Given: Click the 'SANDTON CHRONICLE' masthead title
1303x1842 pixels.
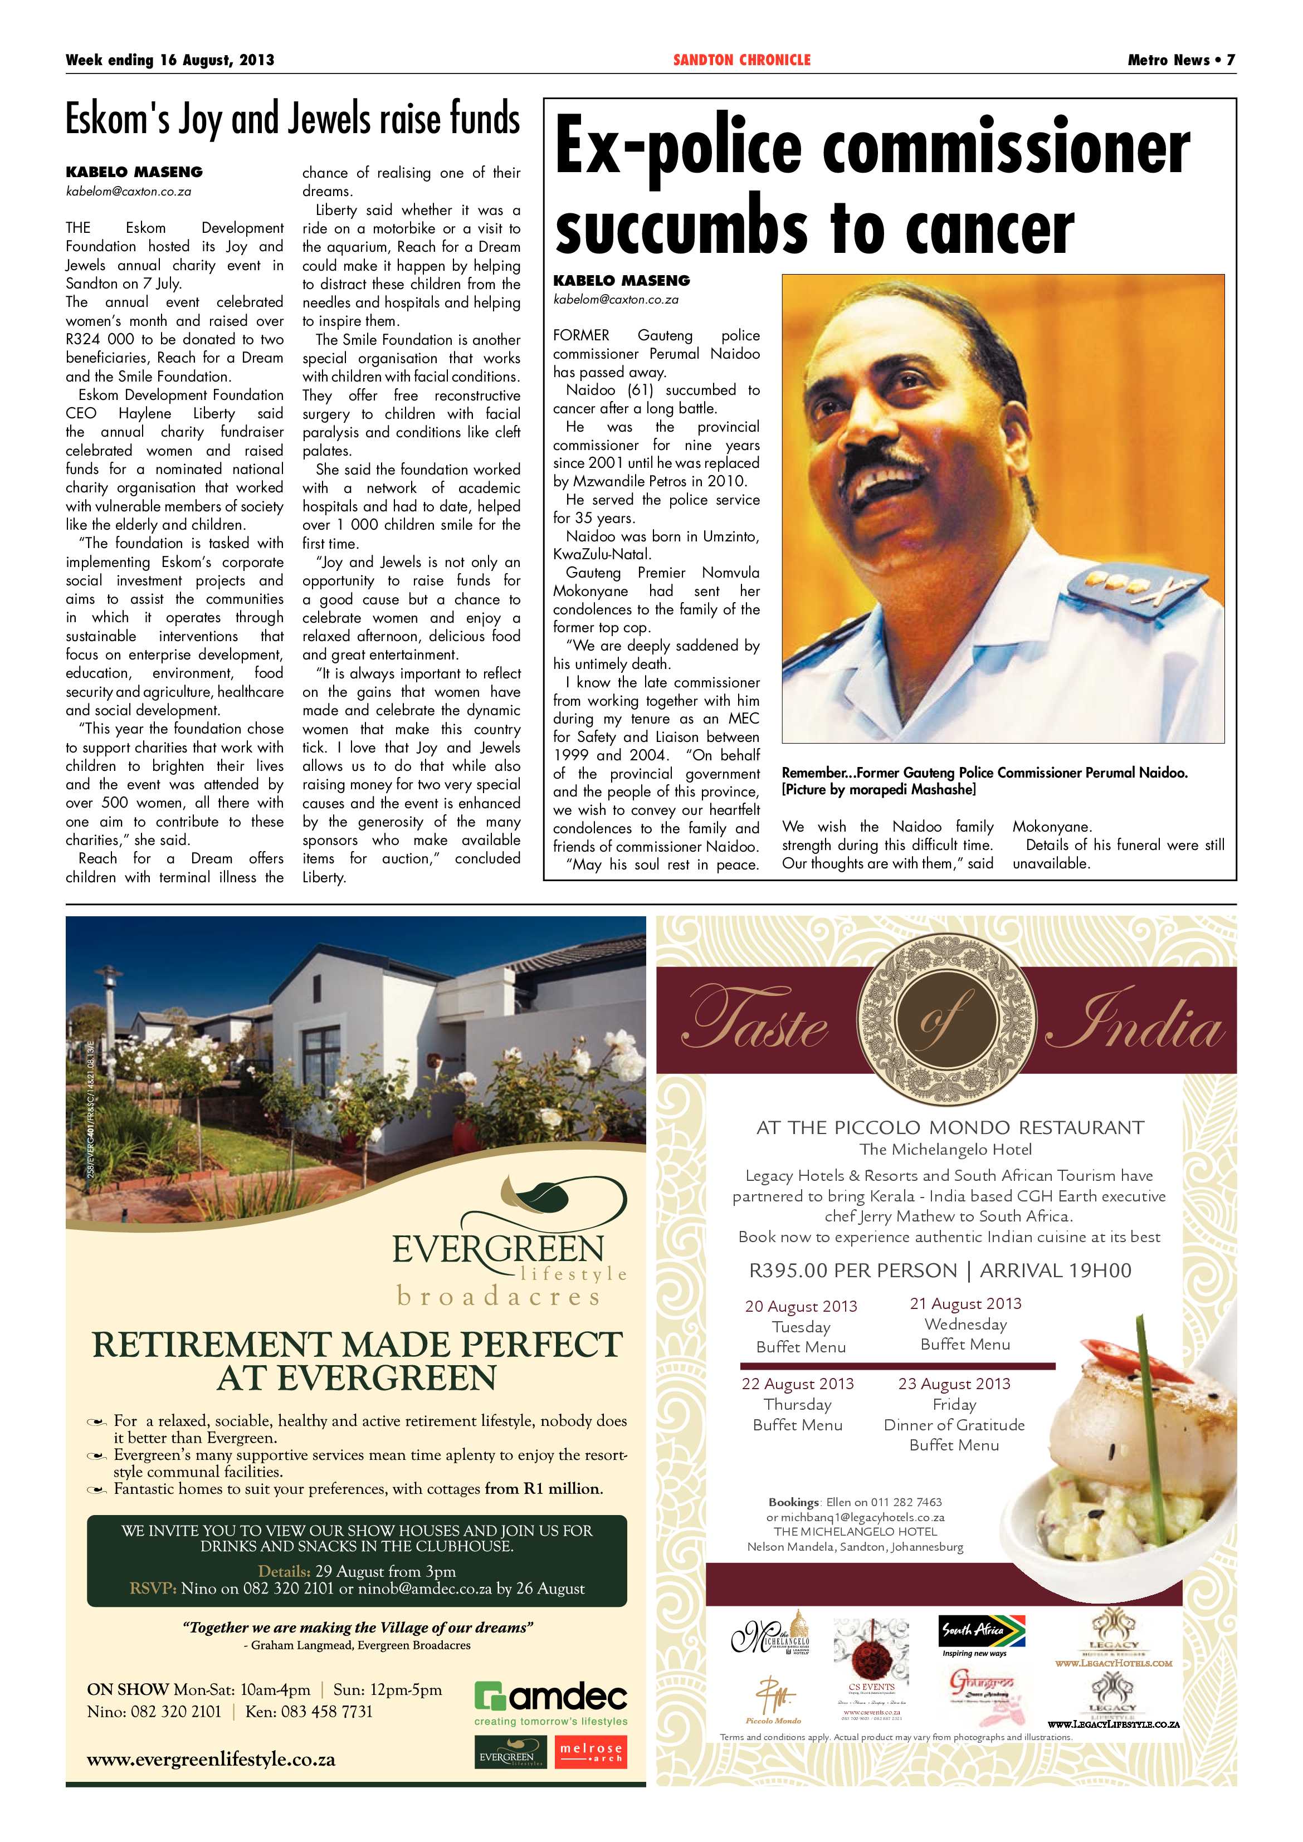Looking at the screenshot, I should (x=741, y=60).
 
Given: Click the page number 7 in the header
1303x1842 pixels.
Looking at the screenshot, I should (x=1230, y=60).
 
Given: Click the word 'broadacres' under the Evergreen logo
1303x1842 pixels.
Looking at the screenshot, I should (x=498, y=1297).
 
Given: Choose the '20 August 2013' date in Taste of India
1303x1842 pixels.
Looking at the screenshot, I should (x=801, y=1306).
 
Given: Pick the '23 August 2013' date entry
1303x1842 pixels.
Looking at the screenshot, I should (x=954, y=1384).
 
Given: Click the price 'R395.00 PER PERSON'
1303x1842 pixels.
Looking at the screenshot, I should (x=853, y=1271).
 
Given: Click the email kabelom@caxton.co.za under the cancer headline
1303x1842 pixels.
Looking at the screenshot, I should (x=616, y=299).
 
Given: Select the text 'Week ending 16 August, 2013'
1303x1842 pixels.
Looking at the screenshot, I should (x=170, y=60).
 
